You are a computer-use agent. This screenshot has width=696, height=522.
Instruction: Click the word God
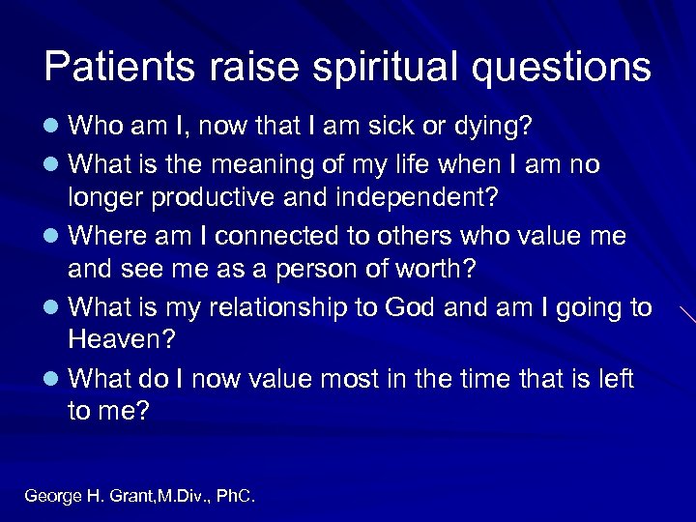[412, 307]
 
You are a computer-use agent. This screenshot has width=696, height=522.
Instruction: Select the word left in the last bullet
[613, 379]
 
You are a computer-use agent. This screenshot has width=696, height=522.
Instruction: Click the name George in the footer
[53, 496]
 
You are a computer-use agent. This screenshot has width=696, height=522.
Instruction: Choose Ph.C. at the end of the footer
[235, 496]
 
